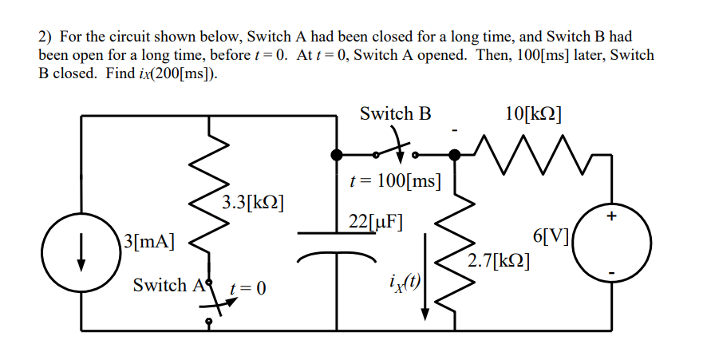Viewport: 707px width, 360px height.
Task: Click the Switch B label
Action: pos(395,113)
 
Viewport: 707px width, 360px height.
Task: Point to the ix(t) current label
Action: pos(404,279)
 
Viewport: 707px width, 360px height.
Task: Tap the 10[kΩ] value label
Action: pos(534,113)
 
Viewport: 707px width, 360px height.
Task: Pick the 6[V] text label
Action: pos(550,236)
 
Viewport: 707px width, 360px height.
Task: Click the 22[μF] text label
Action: pos(376,221)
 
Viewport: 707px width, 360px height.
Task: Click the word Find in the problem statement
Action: pos(124,74)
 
